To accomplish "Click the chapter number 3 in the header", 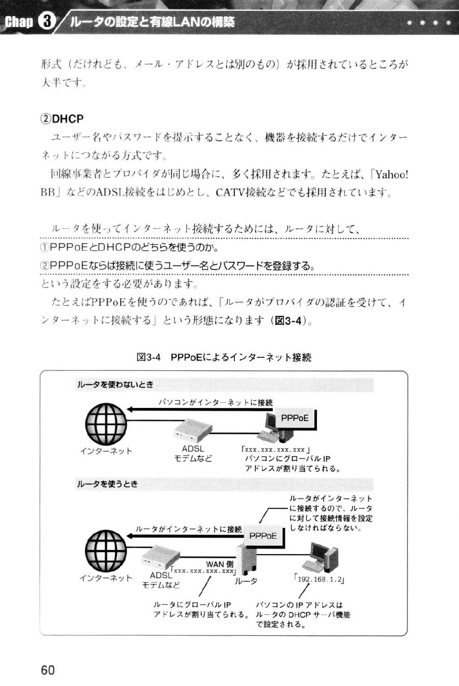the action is (x=47, y=22).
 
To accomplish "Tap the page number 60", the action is (x=48, y=670).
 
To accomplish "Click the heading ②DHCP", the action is (x=62, y=119).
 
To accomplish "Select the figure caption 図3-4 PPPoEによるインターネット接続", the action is (x=224, y=357).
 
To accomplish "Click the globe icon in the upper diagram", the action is (x=106, y=424).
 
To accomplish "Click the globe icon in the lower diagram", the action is (x=106, y=551).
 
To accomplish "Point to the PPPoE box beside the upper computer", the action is (x=295, y=418).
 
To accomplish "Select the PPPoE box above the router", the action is (x=264, y=536).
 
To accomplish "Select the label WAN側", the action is (x=220, y=564).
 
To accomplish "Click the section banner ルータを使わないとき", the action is (x=115, y=385).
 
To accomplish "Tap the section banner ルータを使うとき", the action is (x=107, y=484).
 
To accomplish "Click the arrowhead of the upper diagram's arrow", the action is (x=130, y=409).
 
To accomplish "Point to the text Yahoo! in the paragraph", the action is (x=392, y=175).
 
